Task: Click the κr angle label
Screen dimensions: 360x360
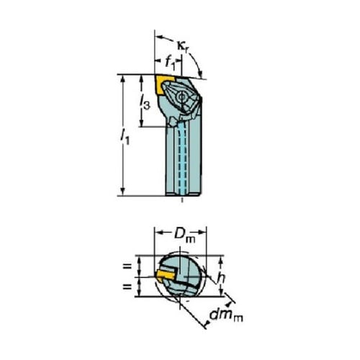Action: [x=184, y=46]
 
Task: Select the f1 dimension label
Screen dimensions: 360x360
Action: [x=169, y=62]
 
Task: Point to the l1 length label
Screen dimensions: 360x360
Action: [x=125, y=137]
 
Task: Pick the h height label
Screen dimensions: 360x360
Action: [x=221, y=278]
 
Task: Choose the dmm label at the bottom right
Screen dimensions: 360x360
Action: [x=226, y=315]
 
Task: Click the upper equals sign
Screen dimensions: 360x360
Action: [x=127, y=266]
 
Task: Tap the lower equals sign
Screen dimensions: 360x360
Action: [x=127, y=286]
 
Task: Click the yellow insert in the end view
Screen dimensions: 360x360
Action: [x=165, y=275]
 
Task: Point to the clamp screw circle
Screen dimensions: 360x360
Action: [x=181, y=97]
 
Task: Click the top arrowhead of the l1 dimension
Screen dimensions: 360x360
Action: [x=122, y=80]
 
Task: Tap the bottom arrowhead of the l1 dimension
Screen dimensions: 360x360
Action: [x=122, y=191]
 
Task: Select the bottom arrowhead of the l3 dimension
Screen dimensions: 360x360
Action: [x=142, y=122]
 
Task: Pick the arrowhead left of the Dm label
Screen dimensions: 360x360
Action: [x=161, y=233]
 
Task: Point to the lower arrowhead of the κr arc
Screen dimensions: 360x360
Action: [x=200, y=72]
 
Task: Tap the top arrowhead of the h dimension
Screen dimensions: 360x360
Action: [x=221, y=261]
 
